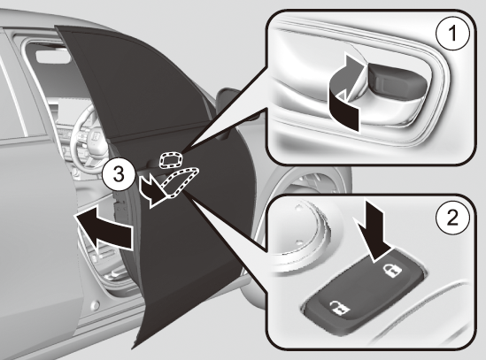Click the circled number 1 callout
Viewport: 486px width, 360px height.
click(x=452, y=33)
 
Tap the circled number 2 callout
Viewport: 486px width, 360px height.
click(x=452, y=218)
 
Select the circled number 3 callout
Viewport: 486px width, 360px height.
click(x=119, y=174)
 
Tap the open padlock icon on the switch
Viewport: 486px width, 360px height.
click(x=339, y=309)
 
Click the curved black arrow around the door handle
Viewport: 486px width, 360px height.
click(x=345, y=93)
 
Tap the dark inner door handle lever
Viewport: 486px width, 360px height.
click(x=397, y=81)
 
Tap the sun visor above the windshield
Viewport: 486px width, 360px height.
click(x=53, y=57)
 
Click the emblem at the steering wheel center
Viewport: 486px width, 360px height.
click(x=96, y=136)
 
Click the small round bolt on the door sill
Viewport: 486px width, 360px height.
click(x=96, y=305)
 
